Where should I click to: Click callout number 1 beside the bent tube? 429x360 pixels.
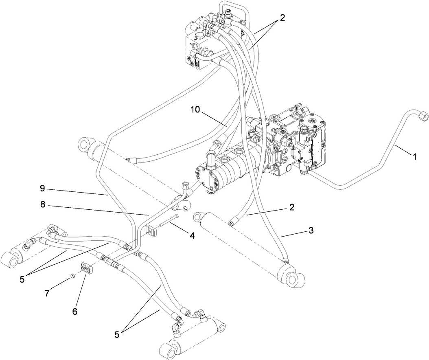415,156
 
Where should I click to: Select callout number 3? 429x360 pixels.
311,231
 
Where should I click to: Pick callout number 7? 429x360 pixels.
47,293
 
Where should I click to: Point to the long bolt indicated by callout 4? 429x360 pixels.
169,222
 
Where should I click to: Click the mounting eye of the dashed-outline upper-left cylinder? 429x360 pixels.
85,145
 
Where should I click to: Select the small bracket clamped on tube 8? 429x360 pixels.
151,229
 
